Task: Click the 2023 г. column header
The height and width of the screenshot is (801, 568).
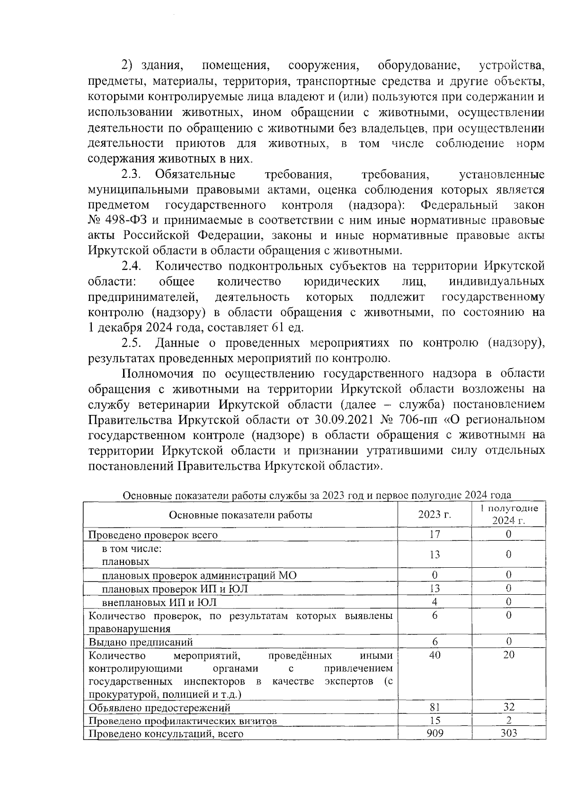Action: tap(434, 515)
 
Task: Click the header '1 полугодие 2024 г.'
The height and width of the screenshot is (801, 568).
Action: tap(508, 515)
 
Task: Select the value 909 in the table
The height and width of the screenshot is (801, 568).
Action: tap(434, 733)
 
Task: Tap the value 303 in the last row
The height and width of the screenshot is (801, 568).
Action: tap(508, 733)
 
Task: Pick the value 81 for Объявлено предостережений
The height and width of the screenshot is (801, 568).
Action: tap(434, 707)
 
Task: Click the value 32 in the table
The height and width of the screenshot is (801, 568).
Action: tap(508, 707)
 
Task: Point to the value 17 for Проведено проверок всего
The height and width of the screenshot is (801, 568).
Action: tap(434, 534)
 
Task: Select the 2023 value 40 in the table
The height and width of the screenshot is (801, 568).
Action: tap(434, 655)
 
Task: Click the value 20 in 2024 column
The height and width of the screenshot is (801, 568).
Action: tap(508, 655)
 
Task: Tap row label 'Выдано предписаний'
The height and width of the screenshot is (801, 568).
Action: tap(141, 642)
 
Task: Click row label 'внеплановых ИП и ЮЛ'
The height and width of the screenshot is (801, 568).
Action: tap(159, 602)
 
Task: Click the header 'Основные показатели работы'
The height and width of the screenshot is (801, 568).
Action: tap(240, 515)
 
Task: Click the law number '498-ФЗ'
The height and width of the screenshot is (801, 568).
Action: tap(124, 220)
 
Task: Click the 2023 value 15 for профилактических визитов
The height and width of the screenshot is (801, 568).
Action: tap(434, 721)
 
